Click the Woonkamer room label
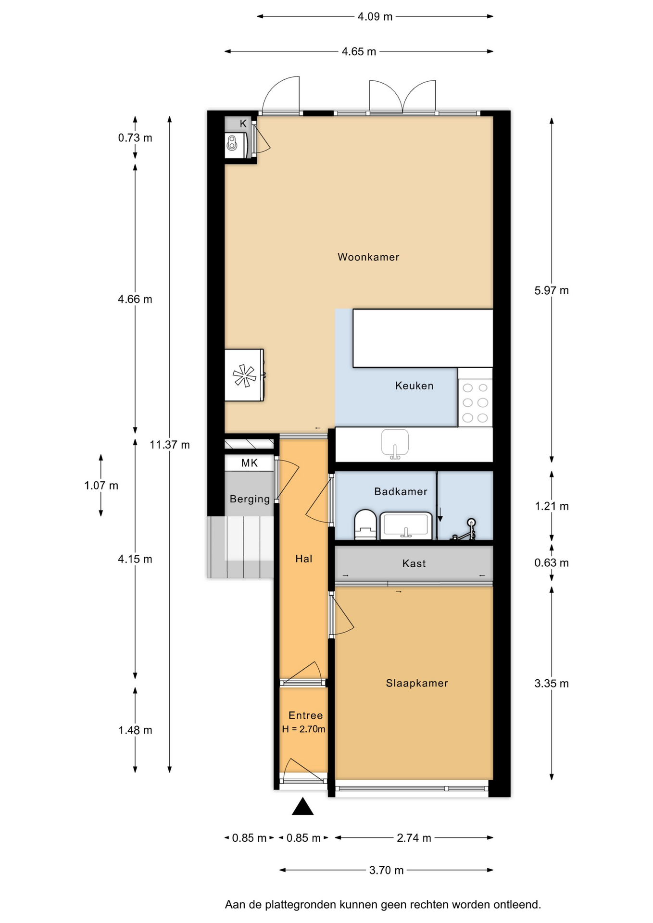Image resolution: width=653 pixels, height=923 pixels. [x=368, y=257]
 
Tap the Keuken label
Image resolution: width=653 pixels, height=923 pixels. [x=414, y=386]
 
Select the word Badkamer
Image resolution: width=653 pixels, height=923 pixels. [x=401, y=491]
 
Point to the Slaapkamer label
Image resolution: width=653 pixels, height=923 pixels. [x=417, y=683]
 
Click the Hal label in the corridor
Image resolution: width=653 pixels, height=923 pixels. [x=304, y=559]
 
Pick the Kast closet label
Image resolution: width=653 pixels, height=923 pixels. [x=414, y=563]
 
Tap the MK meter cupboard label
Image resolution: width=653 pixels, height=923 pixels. [x=250, y=463]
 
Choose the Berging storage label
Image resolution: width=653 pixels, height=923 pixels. [x=250, y=499]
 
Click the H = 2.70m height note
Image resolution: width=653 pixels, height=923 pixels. [x=303, y=729]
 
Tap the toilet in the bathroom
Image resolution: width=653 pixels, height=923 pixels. [x=365, y=525]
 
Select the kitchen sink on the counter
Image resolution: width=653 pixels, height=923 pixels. [x=395, y=444]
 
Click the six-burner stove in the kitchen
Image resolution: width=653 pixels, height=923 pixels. [x=475, y=402]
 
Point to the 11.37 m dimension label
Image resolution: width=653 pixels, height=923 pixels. [x=170, y=445]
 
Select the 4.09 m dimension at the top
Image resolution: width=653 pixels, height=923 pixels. [x=375, y=17]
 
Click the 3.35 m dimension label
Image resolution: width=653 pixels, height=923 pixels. [x=552, y=684]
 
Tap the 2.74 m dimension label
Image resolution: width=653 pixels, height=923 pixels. [x=414, y=838]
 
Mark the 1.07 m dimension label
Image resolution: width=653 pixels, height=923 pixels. [x=101, y=486]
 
